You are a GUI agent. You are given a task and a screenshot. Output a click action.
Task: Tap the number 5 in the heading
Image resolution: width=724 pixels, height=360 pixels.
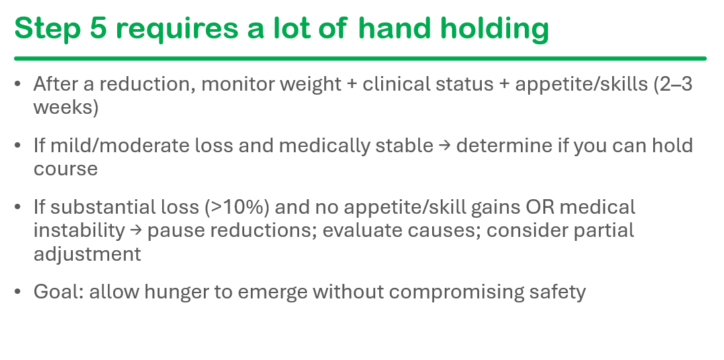99,28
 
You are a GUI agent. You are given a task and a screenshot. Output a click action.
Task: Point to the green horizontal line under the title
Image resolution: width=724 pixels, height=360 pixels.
360,59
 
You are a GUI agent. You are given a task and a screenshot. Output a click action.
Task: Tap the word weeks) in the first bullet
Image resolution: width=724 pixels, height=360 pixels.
66,108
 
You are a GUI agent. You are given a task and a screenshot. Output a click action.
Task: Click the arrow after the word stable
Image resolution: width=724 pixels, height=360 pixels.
445,146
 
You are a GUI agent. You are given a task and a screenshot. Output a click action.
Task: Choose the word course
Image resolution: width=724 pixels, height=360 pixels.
66,169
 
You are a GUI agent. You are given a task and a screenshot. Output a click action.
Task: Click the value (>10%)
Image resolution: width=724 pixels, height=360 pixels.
237,208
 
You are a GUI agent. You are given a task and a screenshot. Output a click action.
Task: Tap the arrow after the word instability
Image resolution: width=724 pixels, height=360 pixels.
136,231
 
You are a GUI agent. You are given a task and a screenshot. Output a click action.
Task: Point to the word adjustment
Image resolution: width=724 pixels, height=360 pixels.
87,254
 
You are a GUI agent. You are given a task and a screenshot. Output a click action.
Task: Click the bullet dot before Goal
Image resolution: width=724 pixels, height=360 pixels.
18,292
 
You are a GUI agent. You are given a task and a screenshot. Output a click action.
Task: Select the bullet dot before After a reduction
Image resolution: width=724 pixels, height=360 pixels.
18,84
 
